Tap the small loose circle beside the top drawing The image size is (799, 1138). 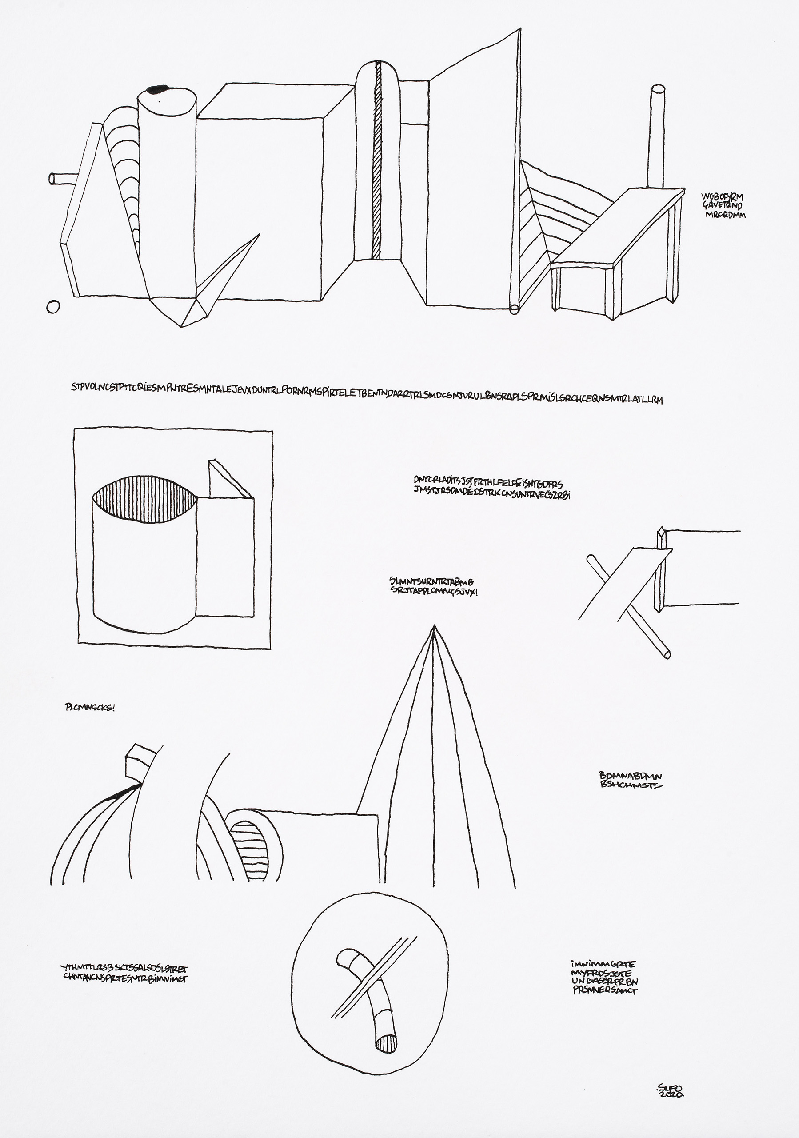pyautogui.click(x=53, y=307)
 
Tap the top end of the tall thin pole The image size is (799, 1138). pyautogui.click(x=658, y=90)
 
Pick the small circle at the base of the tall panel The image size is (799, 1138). pyautogui.click(x=514, y=309)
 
